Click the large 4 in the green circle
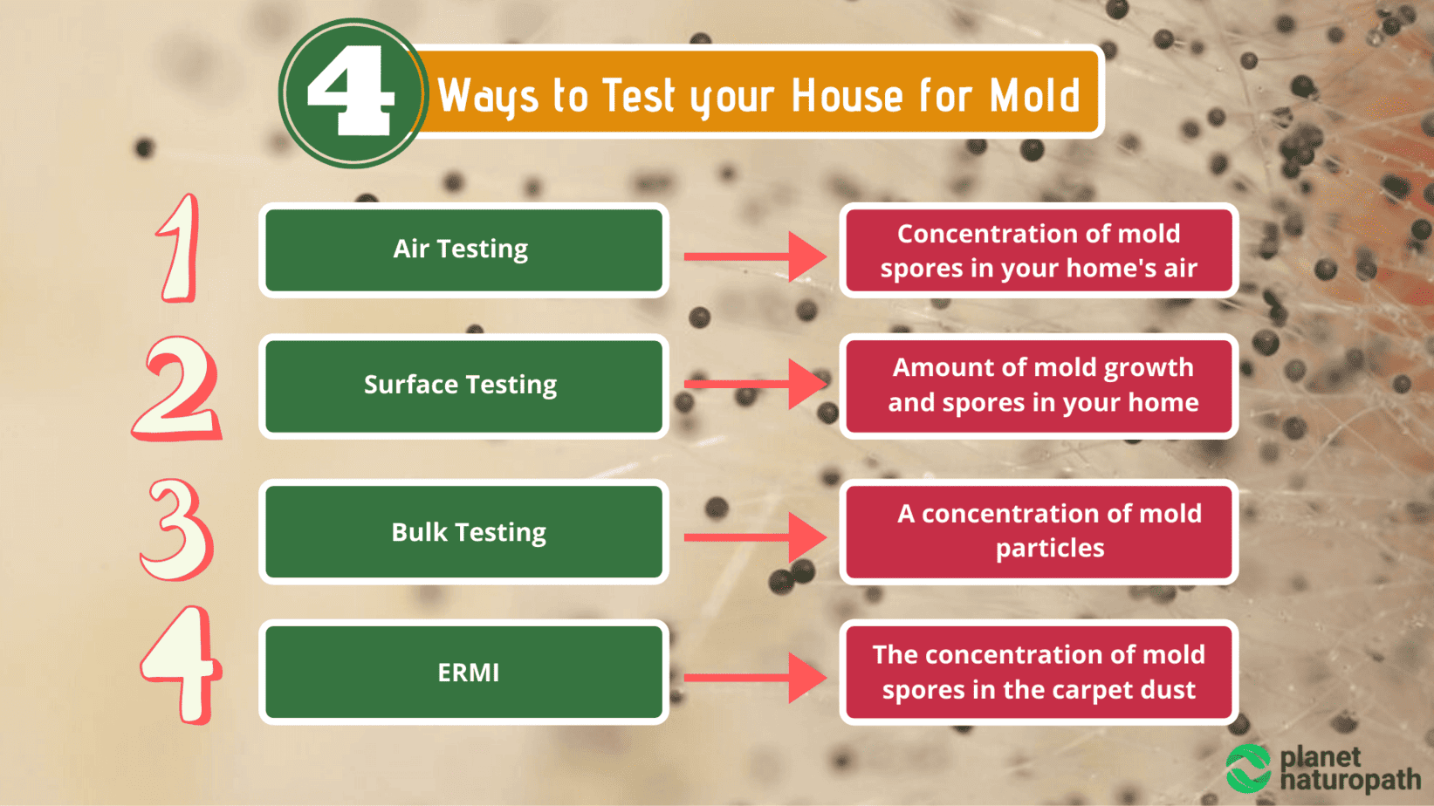pos(352,90)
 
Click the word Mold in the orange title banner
pos(1035,96)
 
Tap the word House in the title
pos(847,96)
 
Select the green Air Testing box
pos(463,250)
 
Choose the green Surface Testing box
pos(463,386)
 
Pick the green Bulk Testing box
pos(463,531)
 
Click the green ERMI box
pos(463,672)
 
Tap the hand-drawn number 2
pos(176,389)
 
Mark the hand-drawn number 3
pos(176,529)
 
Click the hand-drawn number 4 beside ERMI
pos(182,666)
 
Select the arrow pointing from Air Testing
pos(756,256)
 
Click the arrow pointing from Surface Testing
pos(756,384)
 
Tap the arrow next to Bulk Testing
pos(756,537)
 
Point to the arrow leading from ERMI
pos(756,678)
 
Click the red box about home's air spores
pos(1039,250)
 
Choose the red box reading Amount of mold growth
pos(1039,386)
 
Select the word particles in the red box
pos(1050,549)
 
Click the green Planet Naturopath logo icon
pos(1248,768)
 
